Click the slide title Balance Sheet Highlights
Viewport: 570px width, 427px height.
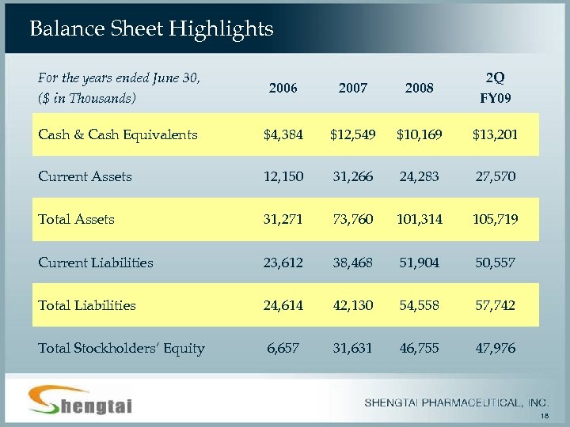[151, 29]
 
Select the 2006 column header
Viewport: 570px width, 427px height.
[283, 89]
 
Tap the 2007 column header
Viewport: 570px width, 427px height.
[352, 89]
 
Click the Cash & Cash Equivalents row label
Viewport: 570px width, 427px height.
[118, 134]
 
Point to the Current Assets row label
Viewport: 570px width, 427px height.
[85, 176]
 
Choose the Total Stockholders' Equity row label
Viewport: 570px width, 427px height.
[121, 348]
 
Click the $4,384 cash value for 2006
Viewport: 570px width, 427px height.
[283, 134]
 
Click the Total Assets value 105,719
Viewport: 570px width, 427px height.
[495, 219]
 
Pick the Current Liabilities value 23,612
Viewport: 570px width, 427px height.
[283, 263]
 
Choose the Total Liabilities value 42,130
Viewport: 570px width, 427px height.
[352, 305]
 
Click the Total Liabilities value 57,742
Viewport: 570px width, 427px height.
[495, 305]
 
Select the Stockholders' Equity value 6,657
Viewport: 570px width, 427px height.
[283, 348]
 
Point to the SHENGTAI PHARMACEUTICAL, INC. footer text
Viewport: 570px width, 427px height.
[456, 402]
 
